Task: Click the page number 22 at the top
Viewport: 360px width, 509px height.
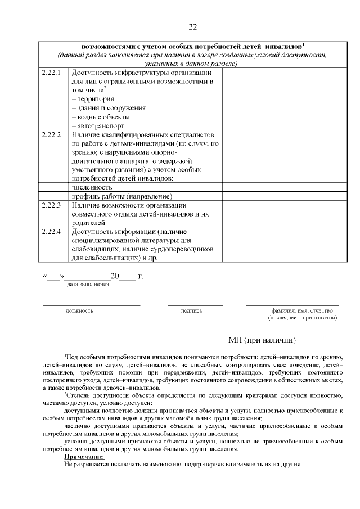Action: [192, 27]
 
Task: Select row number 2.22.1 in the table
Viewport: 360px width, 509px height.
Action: [51, 73]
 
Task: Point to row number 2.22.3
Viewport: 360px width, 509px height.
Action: [51, 205]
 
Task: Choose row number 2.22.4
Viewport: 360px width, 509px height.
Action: [51, 231]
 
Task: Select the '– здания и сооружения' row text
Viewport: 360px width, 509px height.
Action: [109, 108]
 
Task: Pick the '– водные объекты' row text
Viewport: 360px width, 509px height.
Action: [101, 117]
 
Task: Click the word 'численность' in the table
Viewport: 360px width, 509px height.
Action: [92, 187]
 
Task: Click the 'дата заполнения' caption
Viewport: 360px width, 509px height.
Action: [88, 285]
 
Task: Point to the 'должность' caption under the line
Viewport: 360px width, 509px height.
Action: [79, 310]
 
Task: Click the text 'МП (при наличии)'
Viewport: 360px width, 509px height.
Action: [262, 340]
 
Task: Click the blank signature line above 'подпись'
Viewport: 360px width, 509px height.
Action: [195, 305]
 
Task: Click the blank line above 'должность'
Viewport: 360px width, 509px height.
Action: [92, 305]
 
